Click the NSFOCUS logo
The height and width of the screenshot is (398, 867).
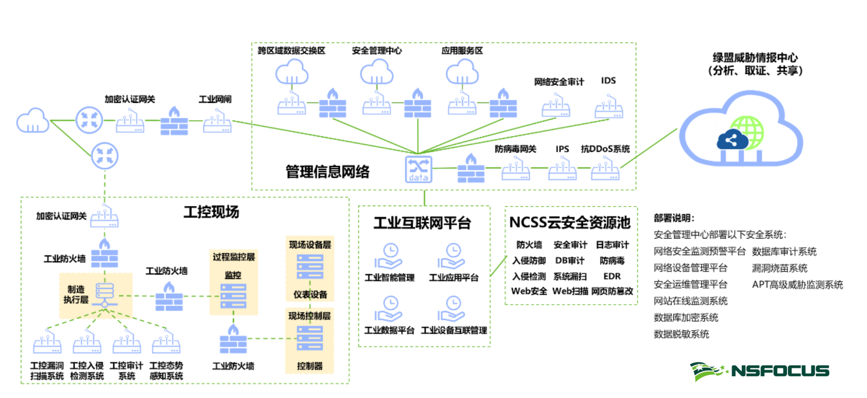[x=759, y=371]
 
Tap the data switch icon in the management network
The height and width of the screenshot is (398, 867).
[x=418, y=169]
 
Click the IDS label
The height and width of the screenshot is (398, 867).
[x=608, y=81]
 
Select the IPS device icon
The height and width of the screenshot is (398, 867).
[x=562, y=169]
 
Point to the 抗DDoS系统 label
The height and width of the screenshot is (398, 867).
[x=605, y=149]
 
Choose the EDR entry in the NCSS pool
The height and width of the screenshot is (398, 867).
[x=612, y=276]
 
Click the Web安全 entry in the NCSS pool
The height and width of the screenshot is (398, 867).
[x=529, y=291]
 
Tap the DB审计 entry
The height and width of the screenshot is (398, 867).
[x=570, y=260]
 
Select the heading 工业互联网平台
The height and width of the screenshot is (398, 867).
[x=422, y=223]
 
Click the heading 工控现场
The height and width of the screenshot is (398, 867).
[x=211, y=212]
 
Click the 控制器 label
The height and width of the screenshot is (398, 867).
[x=310, y=366]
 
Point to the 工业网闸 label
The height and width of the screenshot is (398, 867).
[x=215, y=99]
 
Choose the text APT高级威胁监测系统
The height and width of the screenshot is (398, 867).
[x=797, y=285]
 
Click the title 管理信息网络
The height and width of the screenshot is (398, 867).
[x=327, y=171]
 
